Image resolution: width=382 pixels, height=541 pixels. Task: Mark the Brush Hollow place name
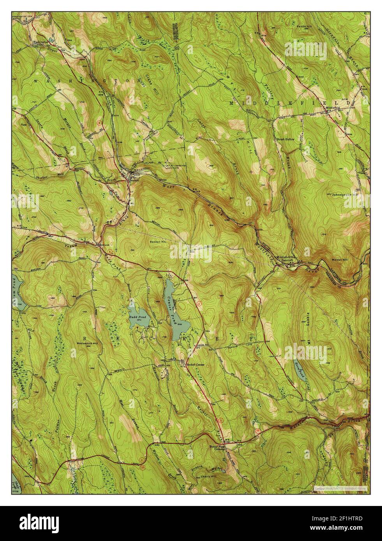[x=285, y=139]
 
